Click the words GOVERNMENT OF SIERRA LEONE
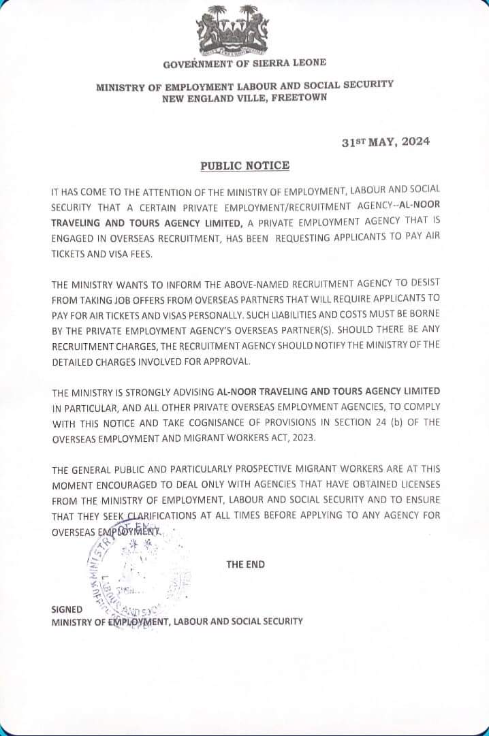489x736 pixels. (x=245, y=63)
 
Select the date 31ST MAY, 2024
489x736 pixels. (x=386, y=142)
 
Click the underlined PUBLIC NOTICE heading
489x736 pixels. (x=245, y=165)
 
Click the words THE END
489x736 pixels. (x=246, y=564)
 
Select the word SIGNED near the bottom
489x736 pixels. (x=67, y=609)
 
